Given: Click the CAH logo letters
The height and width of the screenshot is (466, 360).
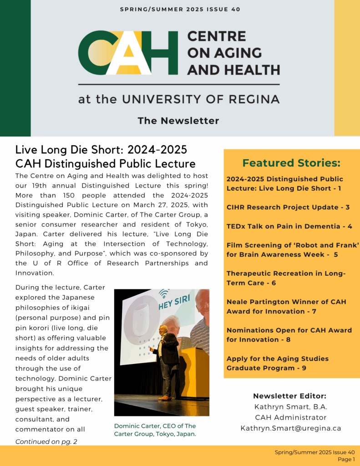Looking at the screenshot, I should point(128,53).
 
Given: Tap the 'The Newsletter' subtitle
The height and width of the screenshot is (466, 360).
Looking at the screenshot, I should point(178,121).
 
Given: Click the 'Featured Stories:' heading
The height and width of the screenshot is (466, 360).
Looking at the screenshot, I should point(291,163).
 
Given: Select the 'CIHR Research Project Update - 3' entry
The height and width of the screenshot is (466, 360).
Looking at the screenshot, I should point(288,207).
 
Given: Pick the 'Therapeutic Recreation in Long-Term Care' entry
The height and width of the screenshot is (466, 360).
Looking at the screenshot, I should point(286,278).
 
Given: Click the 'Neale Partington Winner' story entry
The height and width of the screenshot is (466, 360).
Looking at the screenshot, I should point(286,306).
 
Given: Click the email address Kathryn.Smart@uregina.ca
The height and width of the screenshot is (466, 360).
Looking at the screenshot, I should point(290,428).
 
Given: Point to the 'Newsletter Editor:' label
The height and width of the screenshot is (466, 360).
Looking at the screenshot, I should point(289,396).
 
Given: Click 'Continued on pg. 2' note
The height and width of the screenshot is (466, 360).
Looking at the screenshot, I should point(46,441).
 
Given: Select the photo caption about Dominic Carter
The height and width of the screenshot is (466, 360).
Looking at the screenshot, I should point(155,430).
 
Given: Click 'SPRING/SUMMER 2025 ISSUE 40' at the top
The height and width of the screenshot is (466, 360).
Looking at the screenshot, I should point(180,9).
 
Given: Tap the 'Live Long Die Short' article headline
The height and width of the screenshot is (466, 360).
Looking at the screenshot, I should point(106,157).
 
